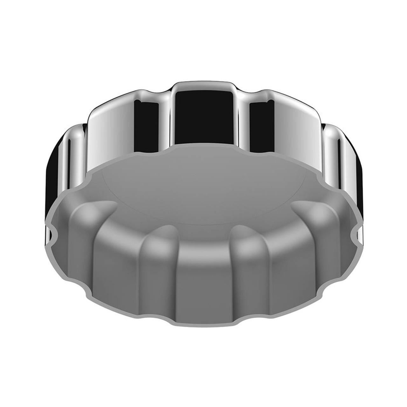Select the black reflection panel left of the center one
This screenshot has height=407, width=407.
coord(146,127)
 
